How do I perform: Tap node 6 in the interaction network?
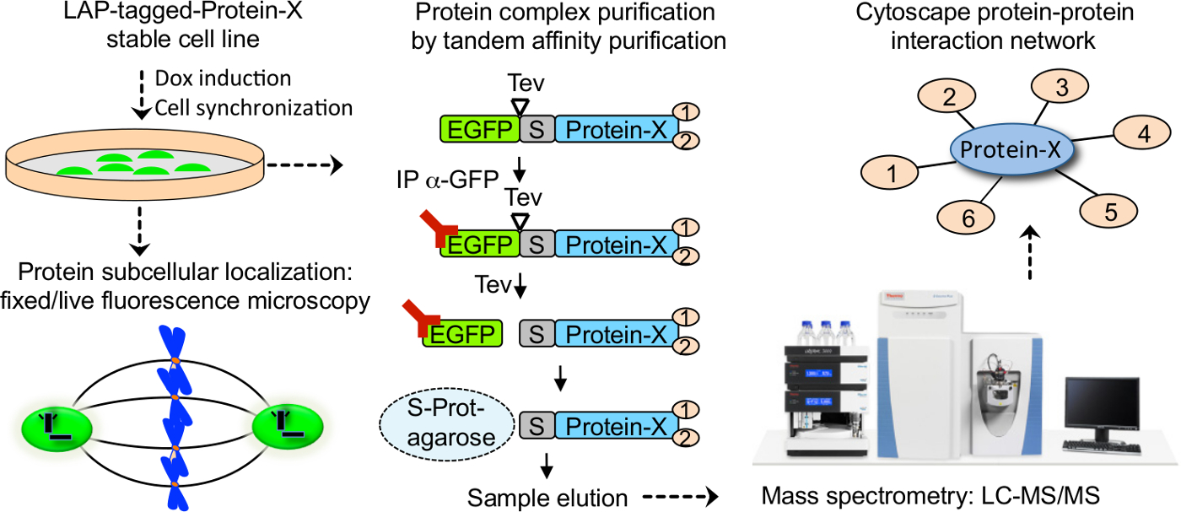click(x=968, y=218)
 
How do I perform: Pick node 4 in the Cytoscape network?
click(x=1143, y=133)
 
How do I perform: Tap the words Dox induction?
click(x=223, y=78)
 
